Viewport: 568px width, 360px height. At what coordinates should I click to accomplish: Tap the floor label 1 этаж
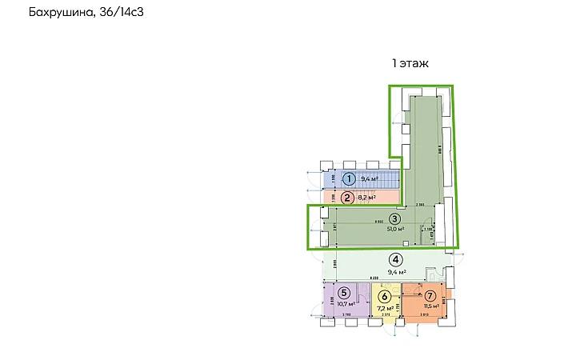[x=412, y=62]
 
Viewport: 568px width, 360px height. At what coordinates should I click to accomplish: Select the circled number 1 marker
[x=349, y=180]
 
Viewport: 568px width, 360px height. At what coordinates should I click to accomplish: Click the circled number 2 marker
[x=347, y=198]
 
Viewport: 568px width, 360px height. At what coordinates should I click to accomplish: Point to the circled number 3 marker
[x=394, y=219]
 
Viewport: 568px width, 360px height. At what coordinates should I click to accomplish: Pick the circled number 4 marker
[x=395, y=259]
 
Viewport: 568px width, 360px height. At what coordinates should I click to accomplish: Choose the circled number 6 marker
[x=384, y=296]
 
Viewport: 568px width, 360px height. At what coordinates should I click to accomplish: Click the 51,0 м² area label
[x=394, y=231]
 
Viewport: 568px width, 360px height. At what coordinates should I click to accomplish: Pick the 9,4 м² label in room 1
[x=370, y=180]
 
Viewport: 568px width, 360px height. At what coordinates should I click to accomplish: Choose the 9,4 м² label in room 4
[x=397, y=272]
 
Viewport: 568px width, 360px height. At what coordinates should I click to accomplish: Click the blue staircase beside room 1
[x=388, y=178]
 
